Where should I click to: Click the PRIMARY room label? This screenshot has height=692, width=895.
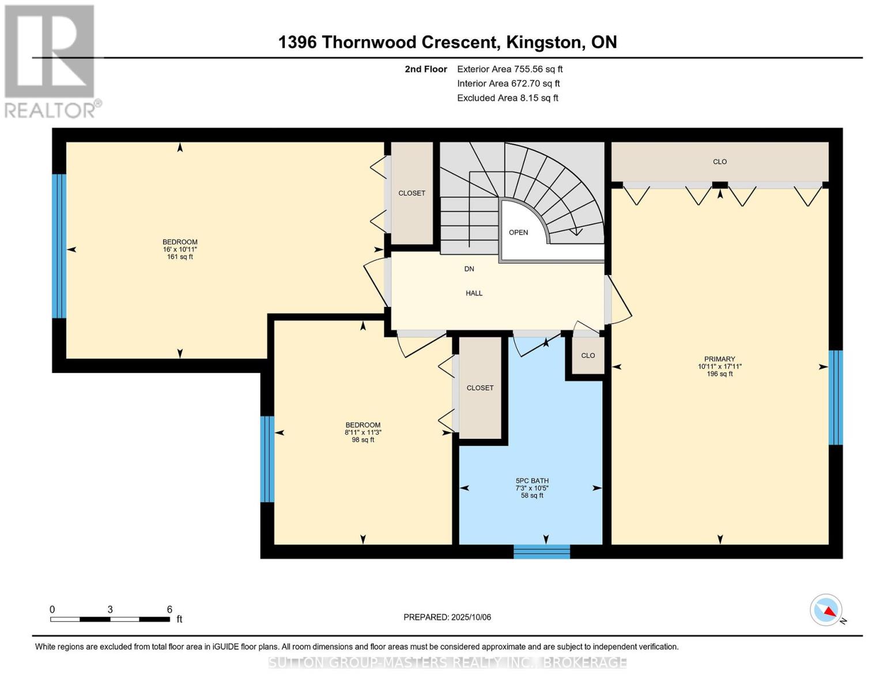point(719,359)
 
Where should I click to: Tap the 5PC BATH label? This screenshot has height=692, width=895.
point(532,480)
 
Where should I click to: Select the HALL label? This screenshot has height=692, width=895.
point(474,293)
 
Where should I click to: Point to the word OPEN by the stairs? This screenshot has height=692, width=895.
point(518,232)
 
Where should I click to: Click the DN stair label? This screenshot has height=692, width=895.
point(469,269)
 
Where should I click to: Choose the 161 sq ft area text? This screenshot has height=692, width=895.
point(180,257)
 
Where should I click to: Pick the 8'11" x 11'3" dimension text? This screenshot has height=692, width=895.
point(363,432)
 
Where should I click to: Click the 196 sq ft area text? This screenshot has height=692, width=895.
point(720,374)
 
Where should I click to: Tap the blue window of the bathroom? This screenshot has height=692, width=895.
point(542,551)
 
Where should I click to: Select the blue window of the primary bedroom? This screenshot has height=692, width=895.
point(835,398)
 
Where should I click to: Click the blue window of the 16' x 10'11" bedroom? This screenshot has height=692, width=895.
point(59,246)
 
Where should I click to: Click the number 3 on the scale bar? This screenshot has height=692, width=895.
point(110,609)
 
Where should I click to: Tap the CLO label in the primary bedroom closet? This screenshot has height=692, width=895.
point(720,161)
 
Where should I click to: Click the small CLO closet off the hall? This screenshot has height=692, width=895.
point(588,355)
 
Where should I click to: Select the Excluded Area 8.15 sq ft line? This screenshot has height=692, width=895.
point(507,98)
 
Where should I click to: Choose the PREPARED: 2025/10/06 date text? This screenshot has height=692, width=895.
point(447,617)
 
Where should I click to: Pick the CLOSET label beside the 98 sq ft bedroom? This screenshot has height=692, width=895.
point(480,388)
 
